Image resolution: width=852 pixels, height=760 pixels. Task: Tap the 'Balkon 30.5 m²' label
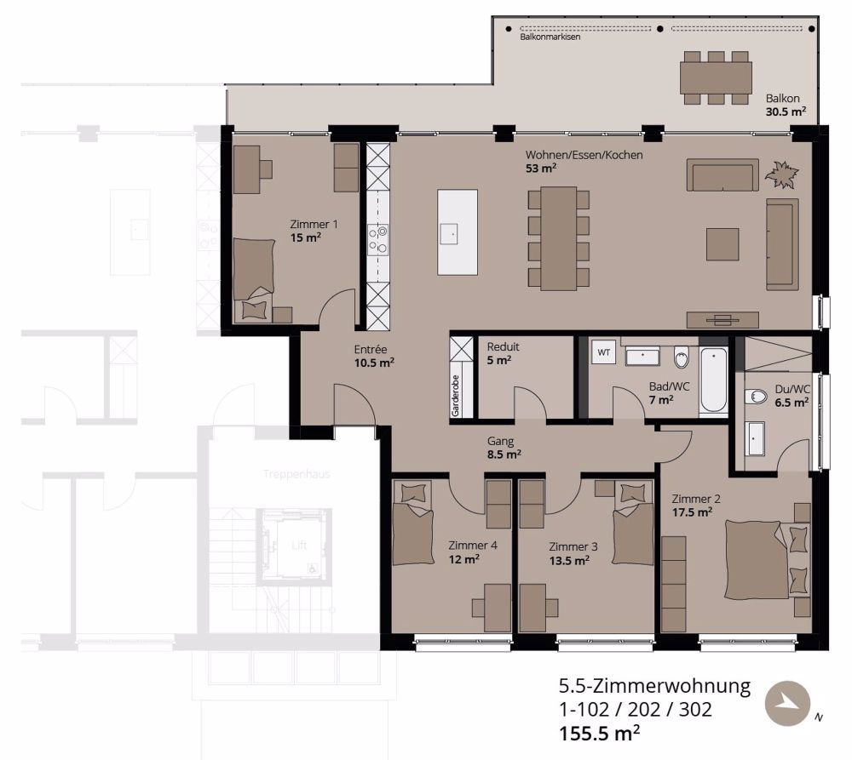(x=785, y=105)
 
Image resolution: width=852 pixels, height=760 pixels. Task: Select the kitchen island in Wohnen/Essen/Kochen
(x=458, y=231)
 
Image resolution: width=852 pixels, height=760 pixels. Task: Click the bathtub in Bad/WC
(x=713, y=381)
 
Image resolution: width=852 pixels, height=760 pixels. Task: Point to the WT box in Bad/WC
(x=604, y=352)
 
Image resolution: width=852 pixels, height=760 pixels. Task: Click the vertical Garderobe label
(x=455, y=396)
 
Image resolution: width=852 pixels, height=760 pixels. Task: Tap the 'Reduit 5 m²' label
(x=503, y=353)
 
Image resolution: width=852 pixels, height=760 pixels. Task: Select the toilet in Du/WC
(x=755, y=397)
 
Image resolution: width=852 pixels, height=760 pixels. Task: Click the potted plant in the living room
(x=782, y=175)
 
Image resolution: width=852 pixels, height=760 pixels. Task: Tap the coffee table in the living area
(x=722, y=243)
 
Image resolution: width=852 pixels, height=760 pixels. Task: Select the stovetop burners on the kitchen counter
(x=377, y=239)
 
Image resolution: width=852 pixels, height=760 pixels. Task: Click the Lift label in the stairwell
(x=298, y=546)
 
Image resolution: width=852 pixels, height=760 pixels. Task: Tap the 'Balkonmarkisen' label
(x=550, y=37)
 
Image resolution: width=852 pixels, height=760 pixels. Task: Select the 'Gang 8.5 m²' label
(x=503, y=448)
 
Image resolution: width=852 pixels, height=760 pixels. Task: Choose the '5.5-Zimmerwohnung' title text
(x=654, y=686)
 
